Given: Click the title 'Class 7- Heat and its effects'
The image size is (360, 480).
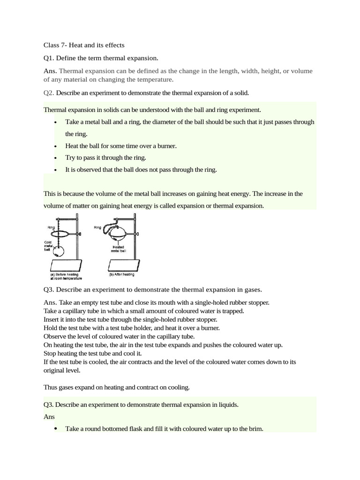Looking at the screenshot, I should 84,45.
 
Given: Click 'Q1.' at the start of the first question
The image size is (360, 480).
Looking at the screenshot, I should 50,58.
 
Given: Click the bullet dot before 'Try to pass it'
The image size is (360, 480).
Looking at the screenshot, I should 56,158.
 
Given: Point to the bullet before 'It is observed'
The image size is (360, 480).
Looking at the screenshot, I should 56,170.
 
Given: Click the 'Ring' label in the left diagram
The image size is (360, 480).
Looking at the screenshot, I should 51,227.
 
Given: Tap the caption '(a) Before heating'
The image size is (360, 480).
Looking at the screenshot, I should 63,274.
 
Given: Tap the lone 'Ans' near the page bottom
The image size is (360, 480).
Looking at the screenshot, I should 49,416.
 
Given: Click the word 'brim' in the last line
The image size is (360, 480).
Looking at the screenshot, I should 256,428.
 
